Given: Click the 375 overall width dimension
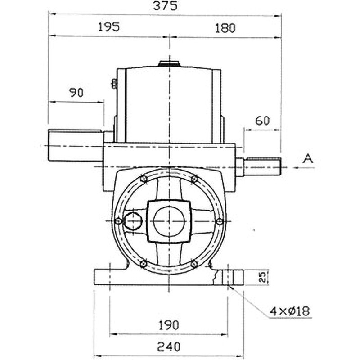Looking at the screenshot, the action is click(165, 6).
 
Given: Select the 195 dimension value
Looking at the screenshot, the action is click(109, 27).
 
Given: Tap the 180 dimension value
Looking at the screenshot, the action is click(225, 28).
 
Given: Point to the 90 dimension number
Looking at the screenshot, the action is click(76, 93).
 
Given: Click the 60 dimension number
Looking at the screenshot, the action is click(262, 121).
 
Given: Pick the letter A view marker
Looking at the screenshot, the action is click(308, 158).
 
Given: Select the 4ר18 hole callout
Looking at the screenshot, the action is click(290, 311).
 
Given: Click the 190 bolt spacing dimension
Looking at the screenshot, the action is click(169, 325).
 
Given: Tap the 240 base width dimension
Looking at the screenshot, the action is click(169, 346).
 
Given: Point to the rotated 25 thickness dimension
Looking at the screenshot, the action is click(263, 277).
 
